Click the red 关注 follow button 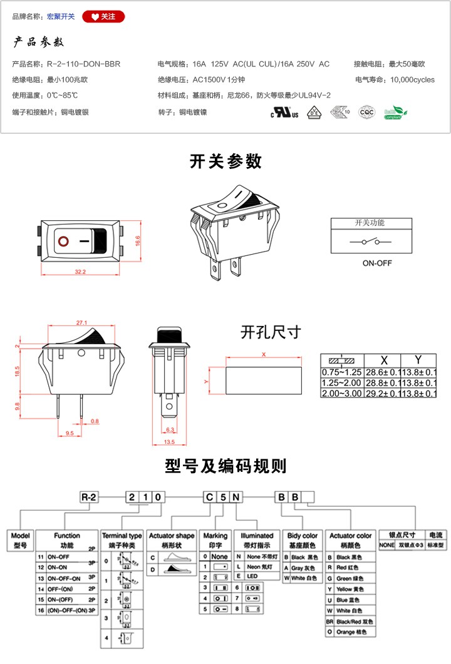(103, 17)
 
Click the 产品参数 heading (38, 43)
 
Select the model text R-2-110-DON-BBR (83, 64)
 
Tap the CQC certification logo (366, 113)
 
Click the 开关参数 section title (225, 161)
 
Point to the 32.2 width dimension (80, 272)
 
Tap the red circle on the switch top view (63, 240)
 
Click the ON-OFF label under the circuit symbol (376, 263)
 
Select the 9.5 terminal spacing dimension (70, 432)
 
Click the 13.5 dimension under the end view (169, 442)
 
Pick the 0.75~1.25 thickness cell (341, 372)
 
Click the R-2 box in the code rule (90, 498)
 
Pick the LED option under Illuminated (252, 575)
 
